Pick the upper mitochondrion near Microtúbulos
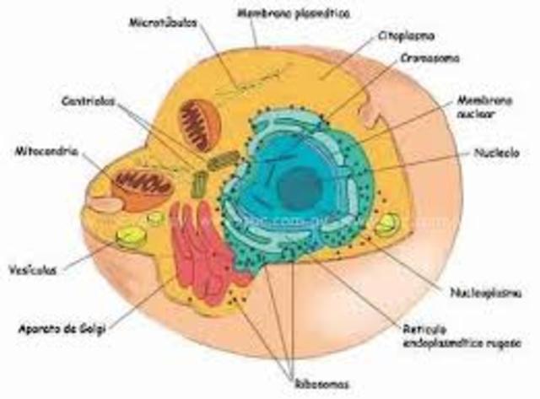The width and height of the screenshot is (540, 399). [x=199, y=126]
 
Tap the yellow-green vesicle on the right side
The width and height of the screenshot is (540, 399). [x=387, y=224]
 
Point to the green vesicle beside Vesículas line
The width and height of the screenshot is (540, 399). [x=130, y=236]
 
